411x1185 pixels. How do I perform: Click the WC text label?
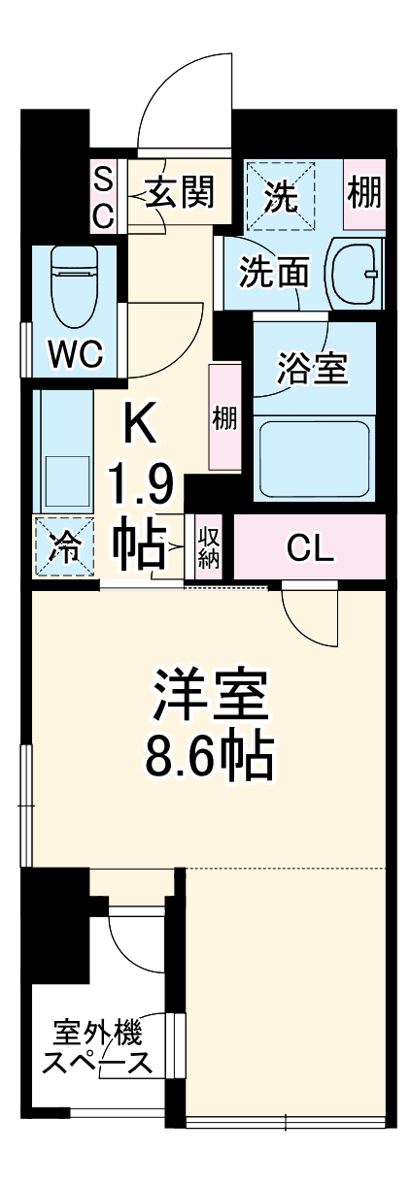coord(76,355)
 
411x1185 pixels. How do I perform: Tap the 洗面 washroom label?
coord(275,273)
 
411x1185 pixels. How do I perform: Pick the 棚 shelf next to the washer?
coord(365,196)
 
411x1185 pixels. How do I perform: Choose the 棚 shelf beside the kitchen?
coord(224,418)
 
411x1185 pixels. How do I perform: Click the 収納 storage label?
coord(209,548)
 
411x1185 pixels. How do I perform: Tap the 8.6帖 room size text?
coord(209,758)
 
